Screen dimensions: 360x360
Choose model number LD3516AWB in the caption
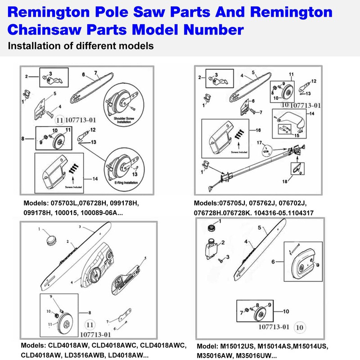pyautogui.click(x=90, y=355)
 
